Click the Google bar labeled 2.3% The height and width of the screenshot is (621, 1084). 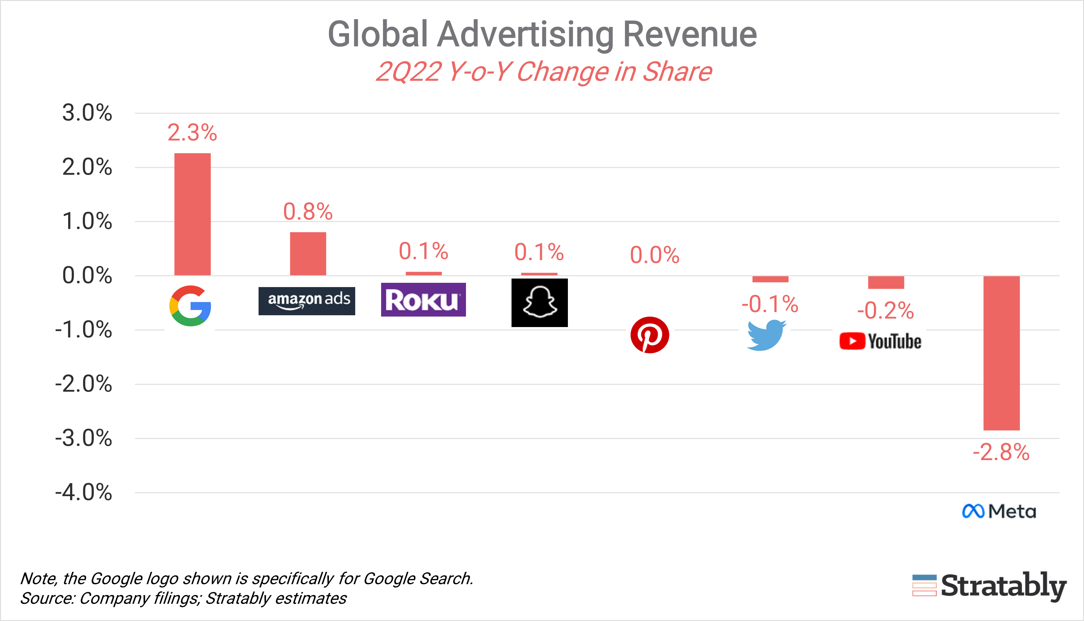pyautogui.click(x=192, y=214)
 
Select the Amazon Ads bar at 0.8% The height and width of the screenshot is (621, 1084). pyautogui.click(x=308, y=254)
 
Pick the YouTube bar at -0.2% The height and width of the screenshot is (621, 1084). pyautogui.click(x=886, y=282)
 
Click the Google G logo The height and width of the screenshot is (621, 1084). pyautogui.click(x=190, y=306)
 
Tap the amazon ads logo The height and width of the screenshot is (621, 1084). pyautogui.click(x=307, y=301)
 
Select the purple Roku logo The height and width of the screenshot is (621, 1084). pyautogui.click(x=423, y=300)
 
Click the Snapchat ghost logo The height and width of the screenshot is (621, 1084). pyautogui.click(x=539, y=303)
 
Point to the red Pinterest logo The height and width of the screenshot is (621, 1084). pyautogui.click(x=649, y=335)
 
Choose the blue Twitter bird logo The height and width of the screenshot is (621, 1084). pyautogui.click(x=766, y=335)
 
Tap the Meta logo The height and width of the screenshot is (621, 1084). pyautogui.click(x=999, y=511)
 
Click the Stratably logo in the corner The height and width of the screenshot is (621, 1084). pyautogui.click(x=989, y=587)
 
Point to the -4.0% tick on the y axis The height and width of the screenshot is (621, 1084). pyautogui.click(x=84, y=492)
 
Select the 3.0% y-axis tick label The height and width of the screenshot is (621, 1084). pyautogui.click(x=87, y=113)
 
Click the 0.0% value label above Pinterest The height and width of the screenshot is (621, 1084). pyautogui.click(x=655, y=255)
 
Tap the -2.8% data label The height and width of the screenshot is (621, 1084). pyautogui.click(x=1001, y=453)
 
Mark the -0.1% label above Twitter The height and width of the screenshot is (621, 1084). pyautogui.click(x=770, y=304)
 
